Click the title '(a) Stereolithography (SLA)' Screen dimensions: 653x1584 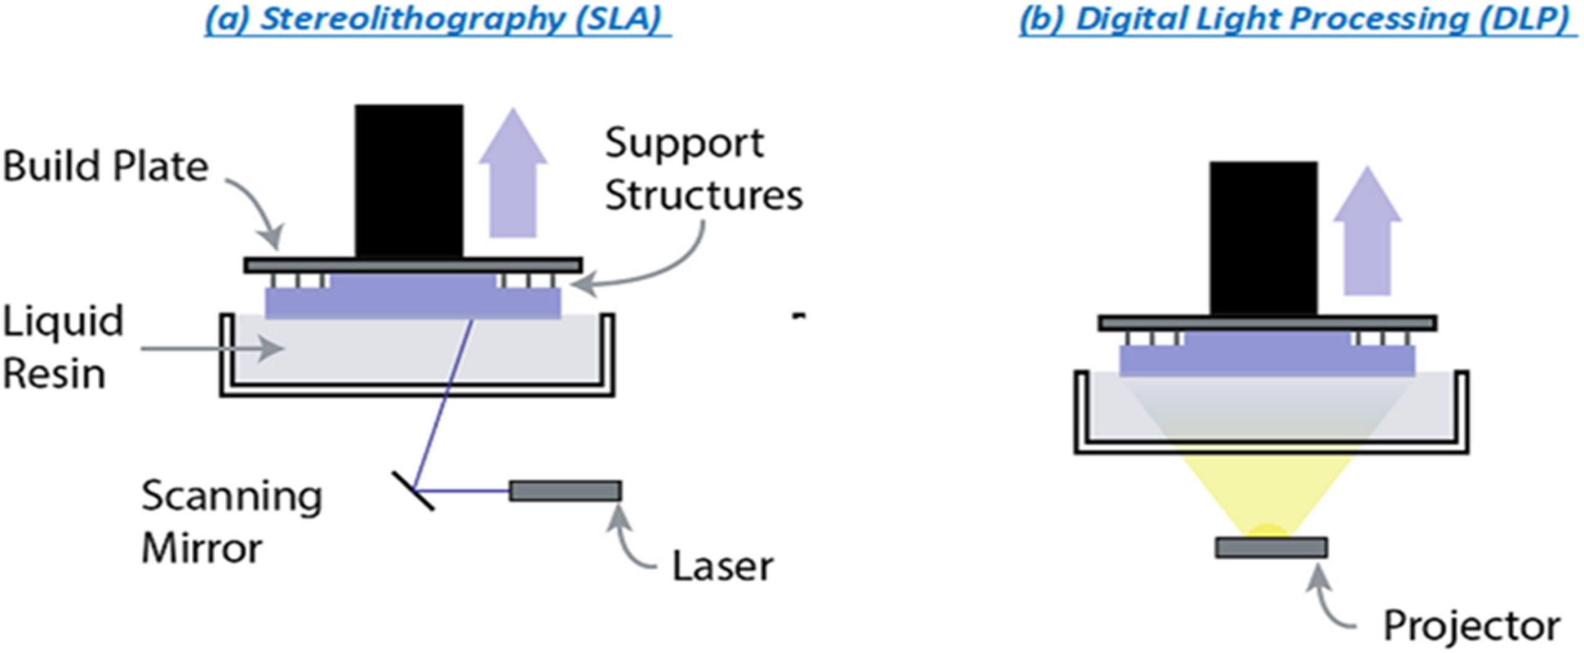(x=437, y=19)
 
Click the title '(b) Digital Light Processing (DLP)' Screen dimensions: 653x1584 (x=1298, y=19)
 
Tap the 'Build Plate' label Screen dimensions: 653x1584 (x=105, y=167)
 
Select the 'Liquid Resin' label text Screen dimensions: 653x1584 (x=62, y=348)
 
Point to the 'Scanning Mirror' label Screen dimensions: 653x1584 (x=230, y=523)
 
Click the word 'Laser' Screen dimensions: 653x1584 (x=722, y=566)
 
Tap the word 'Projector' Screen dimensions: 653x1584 (x=1471, y=626)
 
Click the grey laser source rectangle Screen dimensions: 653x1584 (x=565, y=491)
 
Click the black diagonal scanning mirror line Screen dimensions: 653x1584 (x=413, y=491)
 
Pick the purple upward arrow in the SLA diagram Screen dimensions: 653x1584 (x=512, y=176)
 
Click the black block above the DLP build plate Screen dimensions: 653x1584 (x=1263, y=238)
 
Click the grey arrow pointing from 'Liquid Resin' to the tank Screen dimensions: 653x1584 (x=210, y=349)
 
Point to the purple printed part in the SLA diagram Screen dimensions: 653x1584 (x=413, y=301)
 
